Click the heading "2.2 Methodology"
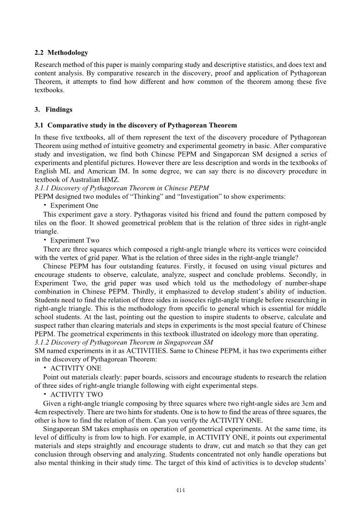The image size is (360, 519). point(62,52)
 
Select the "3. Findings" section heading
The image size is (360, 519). point(53,110)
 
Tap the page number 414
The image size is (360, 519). point(180,490)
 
